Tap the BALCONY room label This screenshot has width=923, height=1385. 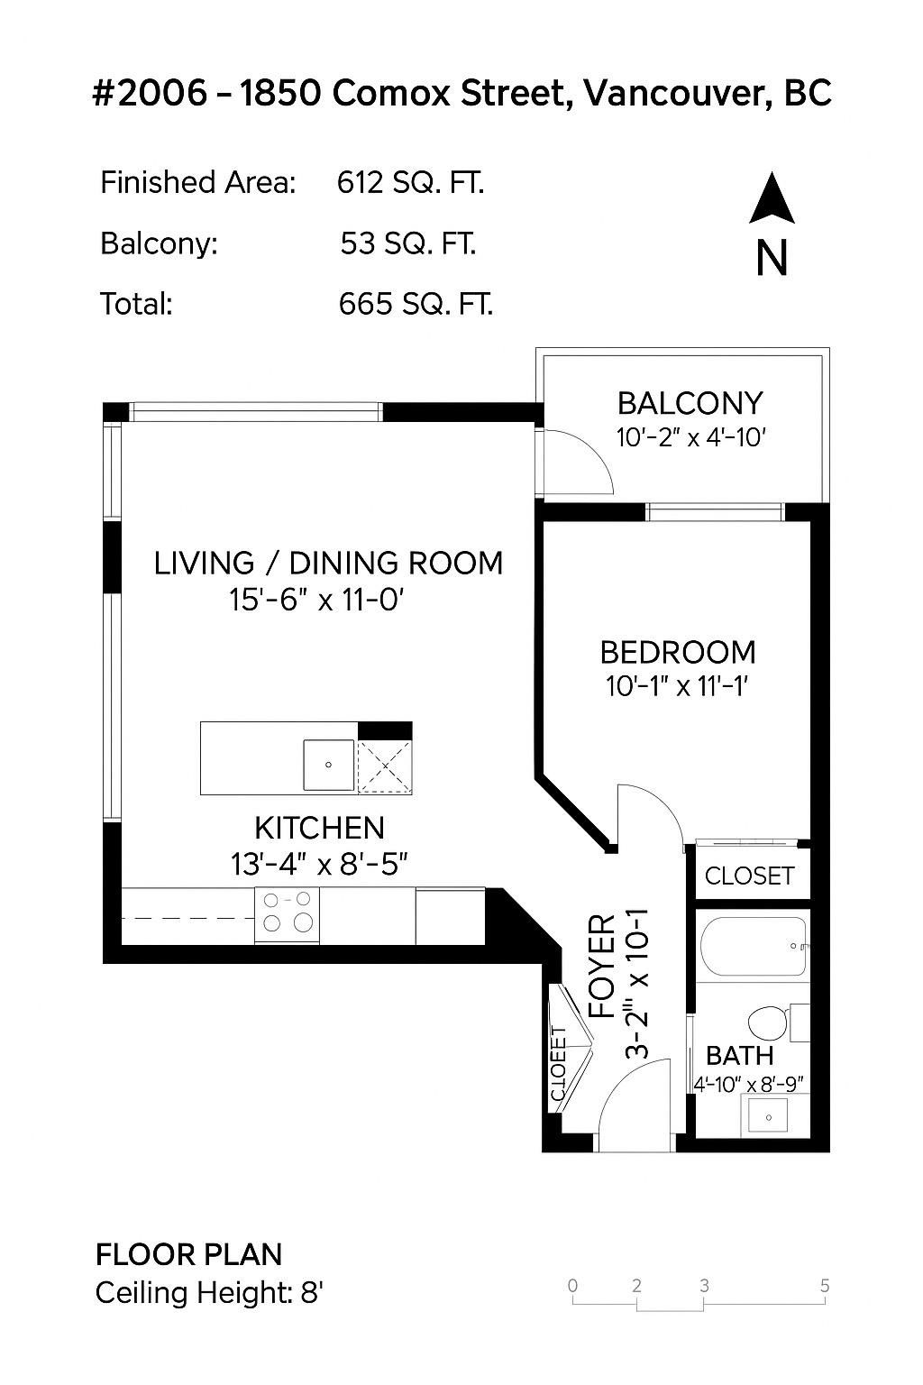pyautogui.click(x=690, y=404)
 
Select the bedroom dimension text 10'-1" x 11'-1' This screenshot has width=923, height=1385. pyautogui.click(x=678, y=685)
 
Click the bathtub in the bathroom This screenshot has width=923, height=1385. pyautogui.click(x=754, y=947)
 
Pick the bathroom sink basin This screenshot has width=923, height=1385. pyautogui.click(x=769, y=1117)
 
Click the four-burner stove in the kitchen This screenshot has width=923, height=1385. pyautogui.click(x=287, y=915)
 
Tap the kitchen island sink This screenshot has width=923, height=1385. pyautogui.click(x=329, y=765)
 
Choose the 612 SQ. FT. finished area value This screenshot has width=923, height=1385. pyautogui.click(x=410, y=183)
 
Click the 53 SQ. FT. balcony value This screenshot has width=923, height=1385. pyautogui.click(x=408, y=243)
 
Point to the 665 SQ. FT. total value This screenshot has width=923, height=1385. pyautogui.click(x=416, y=304)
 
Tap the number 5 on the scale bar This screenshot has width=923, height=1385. pyautogui.click(x=825, y=1286)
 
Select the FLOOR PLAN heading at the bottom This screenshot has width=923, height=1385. pyautogui.click(x=188, y=1255)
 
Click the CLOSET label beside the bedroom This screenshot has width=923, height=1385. pyautogui.click(x=749, y=876)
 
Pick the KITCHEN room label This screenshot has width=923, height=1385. pyautogui.click(x=320, y=828)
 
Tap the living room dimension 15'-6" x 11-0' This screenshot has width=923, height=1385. pyautogui.click(x=316, y=600)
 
